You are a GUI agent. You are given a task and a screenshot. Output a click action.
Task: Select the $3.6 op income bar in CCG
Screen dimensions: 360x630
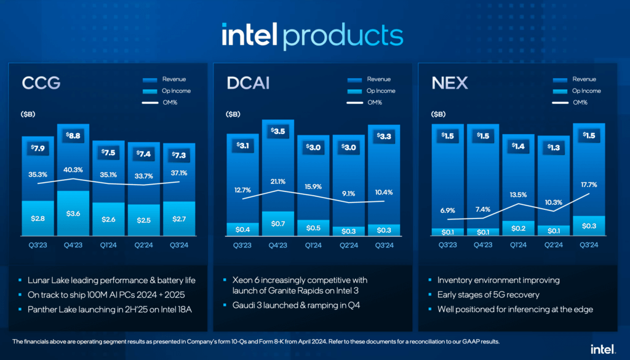[x=73, y=214]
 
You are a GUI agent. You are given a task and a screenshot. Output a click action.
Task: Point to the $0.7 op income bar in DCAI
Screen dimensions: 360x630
[x=277, y=223]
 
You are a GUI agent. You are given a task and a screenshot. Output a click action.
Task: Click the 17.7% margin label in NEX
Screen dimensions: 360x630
[x=589, y=185]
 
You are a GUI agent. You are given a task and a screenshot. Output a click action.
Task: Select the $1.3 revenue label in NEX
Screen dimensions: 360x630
[x=554, y=147]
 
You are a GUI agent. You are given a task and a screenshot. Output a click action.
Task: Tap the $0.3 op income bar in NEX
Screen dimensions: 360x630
[x=589, y=226]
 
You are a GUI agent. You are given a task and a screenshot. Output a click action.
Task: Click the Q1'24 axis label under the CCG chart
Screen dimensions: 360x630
[x=109, y=244]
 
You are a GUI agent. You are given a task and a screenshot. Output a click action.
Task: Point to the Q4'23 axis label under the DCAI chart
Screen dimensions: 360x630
[x=277, y=244]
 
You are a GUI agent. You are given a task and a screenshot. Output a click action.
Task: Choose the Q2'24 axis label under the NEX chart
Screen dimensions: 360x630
[x=554, y=244]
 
